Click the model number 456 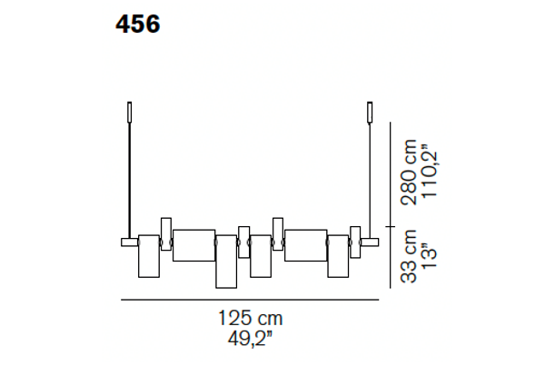pos(138,25)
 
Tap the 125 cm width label pos(250,318)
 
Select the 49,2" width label pos(250,339)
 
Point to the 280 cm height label pos(409,173)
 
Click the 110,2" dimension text pos(430,171)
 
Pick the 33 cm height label pos(409,256)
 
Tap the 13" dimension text pos(430,255)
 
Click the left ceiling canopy pos(130,113)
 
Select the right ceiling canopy pos(370,113)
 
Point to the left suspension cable pos(130,181)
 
